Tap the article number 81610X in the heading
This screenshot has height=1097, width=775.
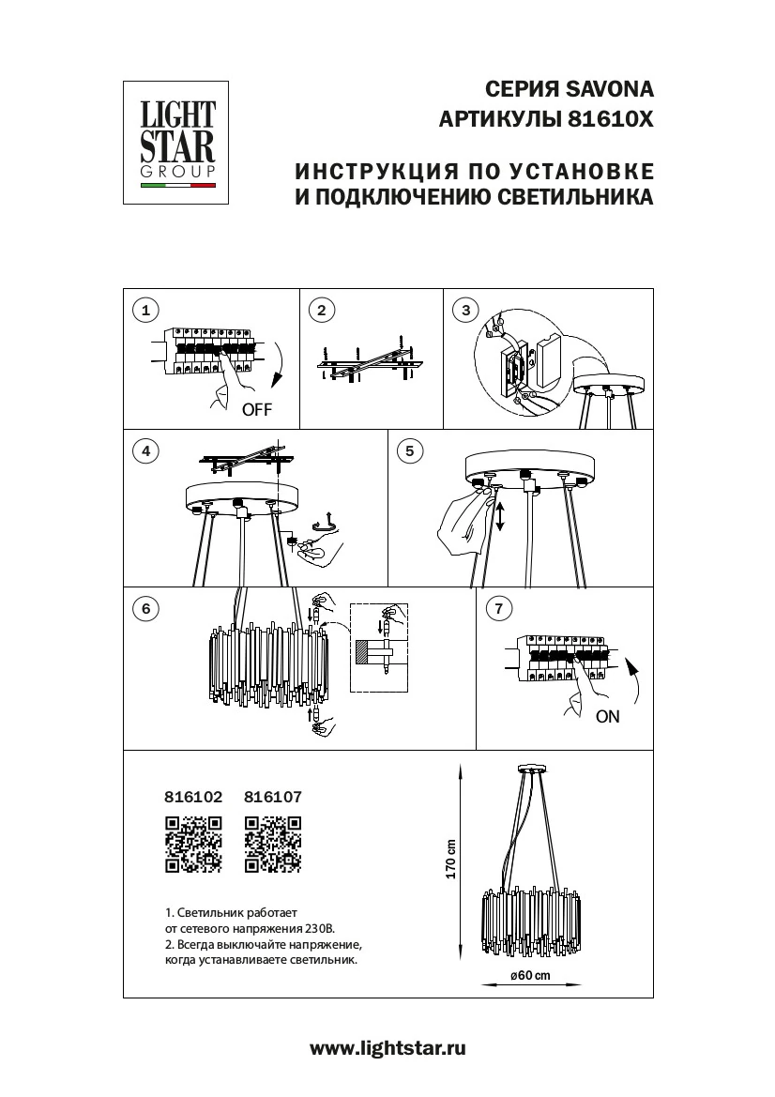point(608,120)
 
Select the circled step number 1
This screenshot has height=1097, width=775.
point(144,310)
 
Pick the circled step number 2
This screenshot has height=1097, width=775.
point(321,310)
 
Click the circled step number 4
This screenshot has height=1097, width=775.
point(144,451)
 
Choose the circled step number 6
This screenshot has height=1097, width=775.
point(144,608)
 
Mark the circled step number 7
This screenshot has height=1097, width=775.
point(498,608)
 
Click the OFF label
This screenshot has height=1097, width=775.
point(257,410)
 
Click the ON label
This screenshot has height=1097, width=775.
point(607,717)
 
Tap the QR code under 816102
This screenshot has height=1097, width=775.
point(193,845)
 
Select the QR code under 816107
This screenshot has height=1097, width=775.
point(272,845)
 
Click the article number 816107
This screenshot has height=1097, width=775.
point(272,798)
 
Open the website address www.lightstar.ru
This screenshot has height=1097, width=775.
point(387,1048)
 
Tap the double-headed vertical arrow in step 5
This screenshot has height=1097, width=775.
point(500,517)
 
